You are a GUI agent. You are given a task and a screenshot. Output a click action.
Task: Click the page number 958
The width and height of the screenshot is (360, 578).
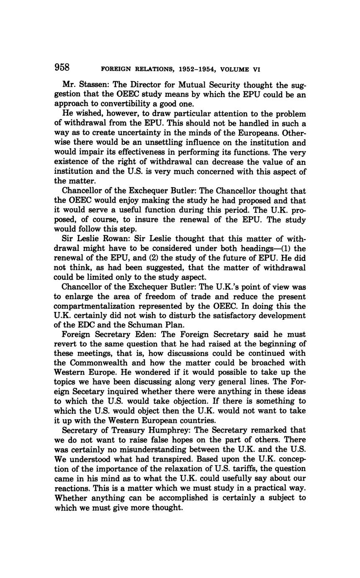tap(62, 67)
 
